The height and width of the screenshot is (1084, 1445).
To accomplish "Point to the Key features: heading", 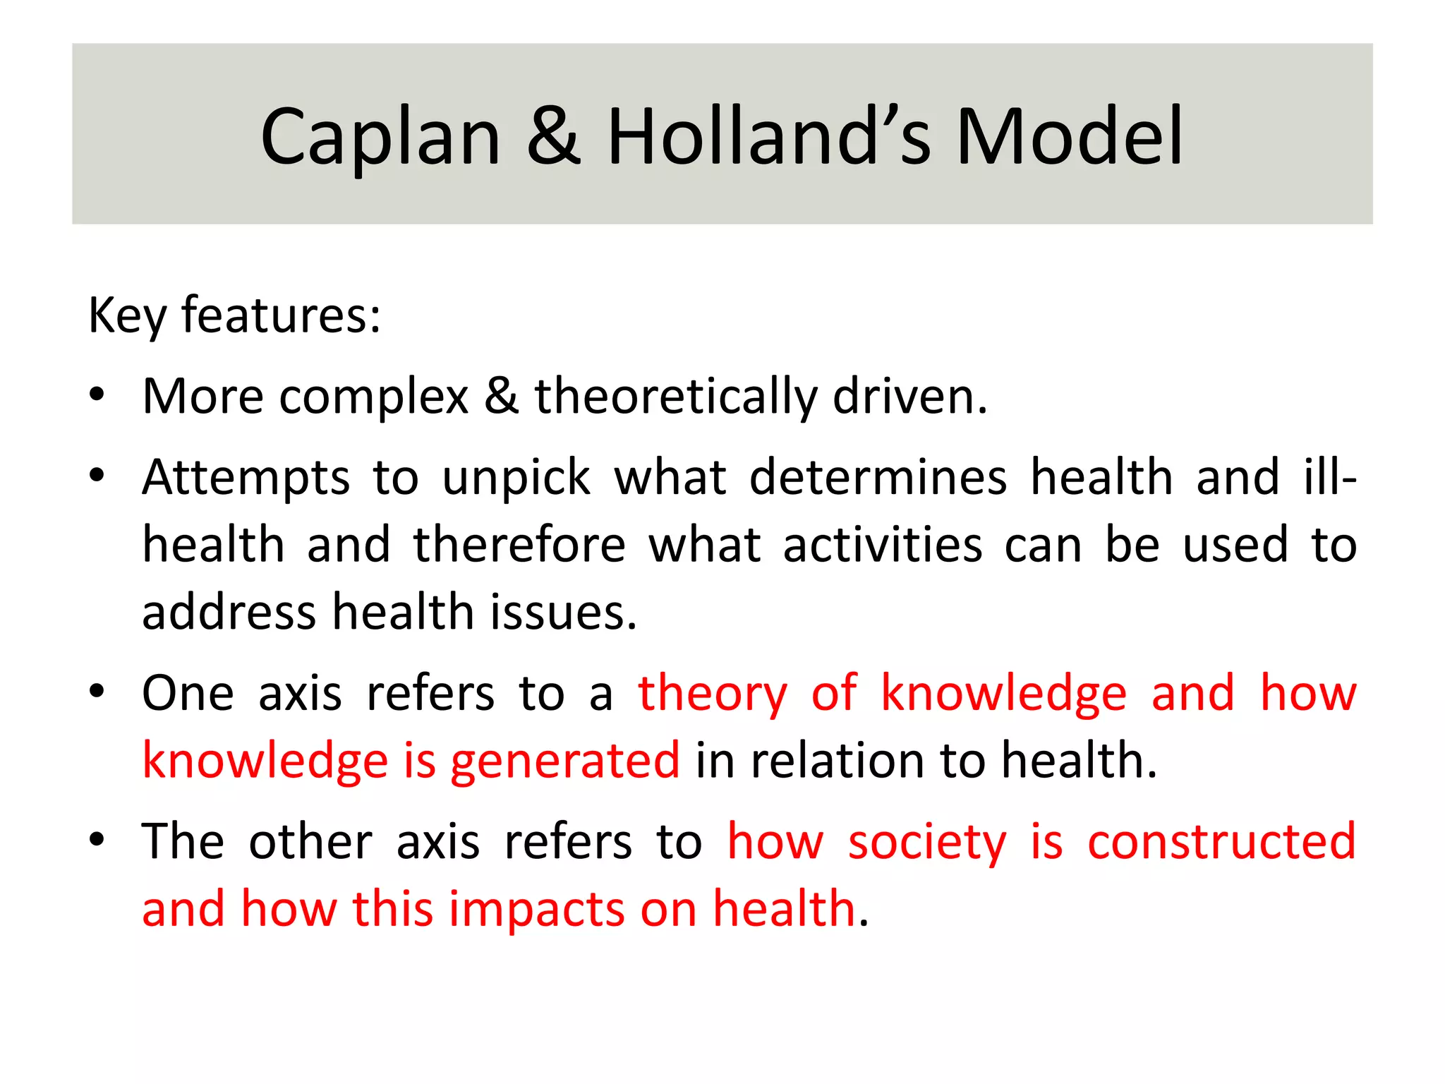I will pos(234,315).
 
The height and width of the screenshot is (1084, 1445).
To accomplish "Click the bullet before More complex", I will pos(97,395).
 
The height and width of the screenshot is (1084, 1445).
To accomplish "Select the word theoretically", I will pos(675,397).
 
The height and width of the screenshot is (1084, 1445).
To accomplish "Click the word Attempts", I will pos(246,478).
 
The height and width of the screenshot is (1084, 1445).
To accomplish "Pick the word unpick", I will pos(516,478).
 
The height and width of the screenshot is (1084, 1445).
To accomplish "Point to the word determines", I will pos(878,477).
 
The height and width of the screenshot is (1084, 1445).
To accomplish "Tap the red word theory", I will pos(712,694).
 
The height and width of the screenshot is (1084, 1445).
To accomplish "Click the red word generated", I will pos(565,761).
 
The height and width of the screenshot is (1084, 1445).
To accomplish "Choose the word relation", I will pos(838,761).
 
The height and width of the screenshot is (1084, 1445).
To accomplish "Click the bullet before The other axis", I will pos(97,840).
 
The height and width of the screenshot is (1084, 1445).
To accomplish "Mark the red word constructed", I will pos(1221,841).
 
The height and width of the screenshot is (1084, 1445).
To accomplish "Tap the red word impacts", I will pos(537,910).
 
